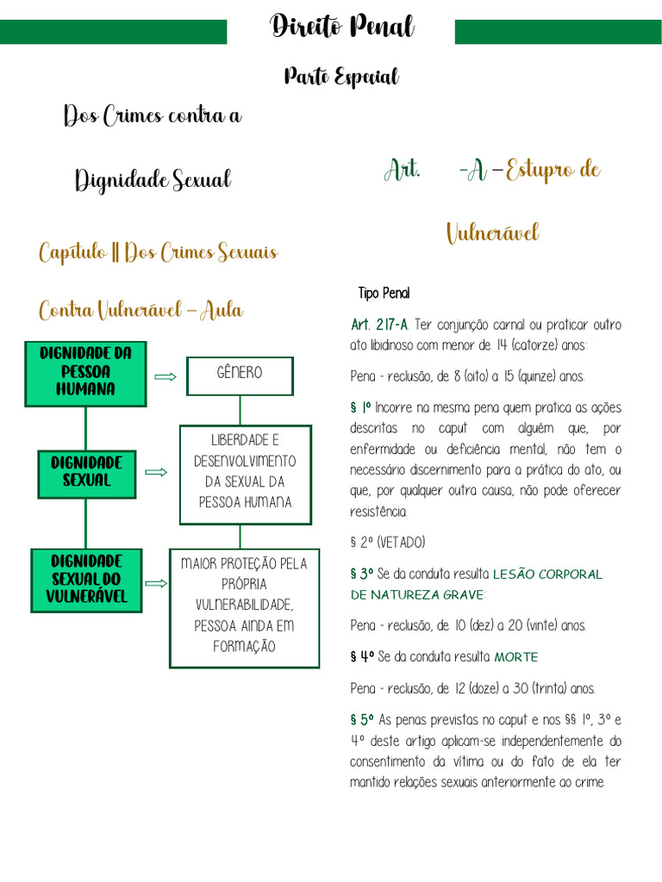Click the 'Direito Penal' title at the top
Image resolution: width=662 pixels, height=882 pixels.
point(342,28)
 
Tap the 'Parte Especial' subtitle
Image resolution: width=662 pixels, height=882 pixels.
point(341,78)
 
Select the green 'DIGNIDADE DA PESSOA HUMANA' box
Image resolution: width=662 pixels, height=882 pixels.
point(85,371)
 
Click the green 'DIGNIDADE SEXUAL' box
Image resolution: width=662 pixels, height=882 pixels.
point(86,472)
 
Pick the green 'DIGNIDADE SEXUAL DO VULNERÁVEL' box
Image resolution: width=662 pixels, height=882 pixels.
point(86,579)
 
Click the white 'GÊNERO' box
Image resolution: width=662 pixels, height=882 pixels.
point(240,374)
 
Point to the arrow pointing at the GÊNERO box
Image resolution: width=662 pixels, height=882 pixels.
point(165,376)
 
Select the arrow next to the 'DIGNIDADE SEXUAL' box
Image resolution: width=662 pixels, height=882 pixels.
point(156,472)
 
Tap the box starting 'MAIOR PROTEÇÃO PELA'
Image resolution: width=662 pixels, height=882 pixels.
point(244,606)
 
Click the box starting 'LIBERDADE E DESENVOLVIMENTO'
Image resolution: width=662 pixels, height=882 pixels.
point(246,471)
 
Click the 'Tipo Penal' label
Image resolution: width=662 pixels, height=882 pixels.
point(384,294)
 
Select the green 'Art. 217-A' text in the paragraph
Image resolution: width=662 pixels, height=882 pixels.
point(380,325)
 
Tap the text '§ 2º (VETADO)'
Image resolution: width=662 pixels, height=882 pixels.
point(388,542)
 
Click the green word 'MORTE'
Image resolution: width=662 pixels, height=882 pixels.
point(515,657)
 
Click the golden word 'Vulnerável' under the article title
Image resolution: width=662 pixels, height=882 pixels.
point(492,233)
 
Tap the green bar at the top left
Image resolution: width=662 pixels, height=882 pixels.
point(113,32)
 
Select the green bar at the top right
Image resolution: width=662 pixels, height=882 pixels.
point(558,32)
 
